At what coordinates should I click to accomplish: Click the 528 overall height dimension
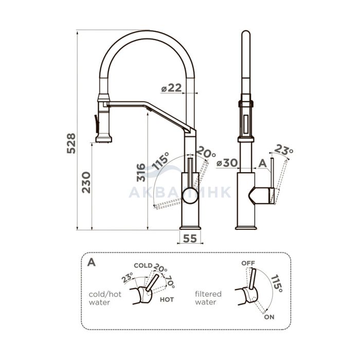(x=71, y=143)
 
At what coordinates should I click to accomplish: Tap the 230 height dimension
(x=86, y=182)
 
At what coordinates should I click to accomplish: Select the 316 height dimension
(x=141, y=172)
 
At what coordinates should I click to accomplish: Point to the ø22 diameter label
(x=171, y=88)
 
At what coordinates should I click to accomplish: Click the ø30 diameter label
(x=227, y=163)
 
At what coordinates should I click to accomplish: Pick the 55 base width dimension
(x=190, y=239)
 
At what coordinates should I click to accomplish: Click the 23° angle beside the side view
(x=284, y=149)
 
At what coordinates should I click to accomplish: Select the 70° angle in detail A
(x=170, y=281)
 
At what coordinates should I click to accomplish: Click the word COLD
(x=143, y=266)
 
